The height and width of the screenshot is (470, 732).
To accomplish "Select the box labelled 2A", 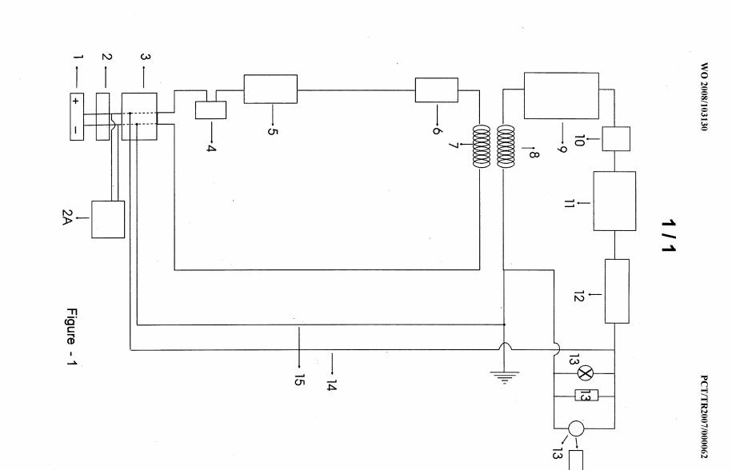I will click(108, 219).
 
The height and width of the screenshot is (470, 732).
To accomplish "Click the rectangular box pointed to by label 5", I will click(270, 89).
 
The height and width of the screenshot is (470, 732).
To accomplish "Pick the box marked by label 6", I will click(436, 91).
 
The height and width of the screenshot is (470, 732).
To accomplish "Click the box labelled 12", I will click(615, 291).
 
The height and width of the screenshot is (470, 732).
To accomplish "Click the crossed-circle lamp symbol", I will click(583, 371).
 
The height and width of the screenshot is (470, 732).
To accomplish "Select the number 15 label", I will click(300, 379).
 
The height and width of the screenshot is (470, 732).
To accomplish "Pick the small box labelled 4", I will click(211, 110).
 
